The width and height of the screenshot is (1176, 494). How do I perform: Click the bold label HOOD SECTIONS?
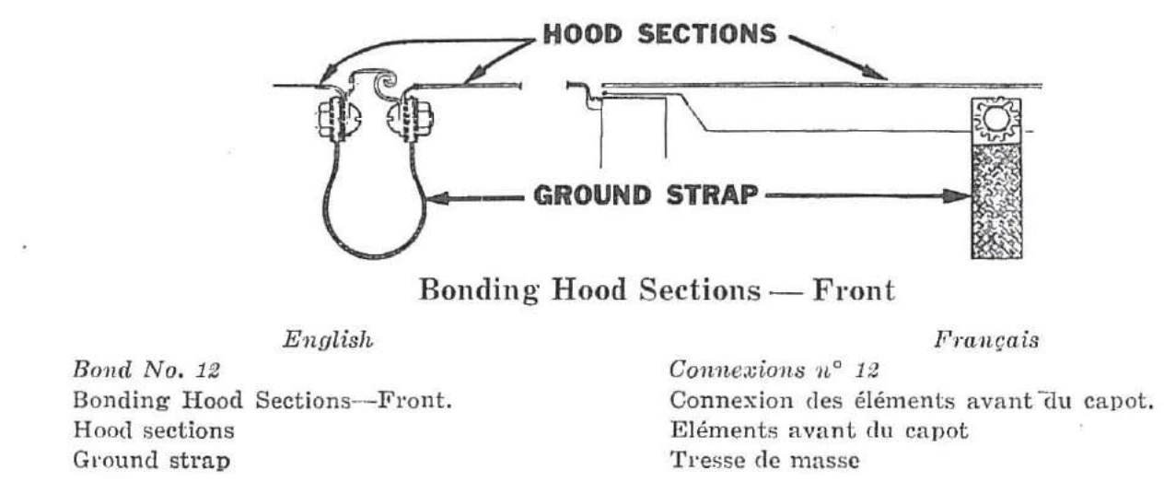point(659,35)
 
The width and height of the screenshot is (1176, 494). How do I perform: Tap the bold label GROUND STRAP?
point(646,195)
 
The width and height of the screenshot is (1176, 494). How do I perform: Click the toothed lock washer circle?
point(996,119)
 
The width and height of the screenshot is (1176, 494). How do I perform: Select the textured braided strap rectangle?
point(996,201)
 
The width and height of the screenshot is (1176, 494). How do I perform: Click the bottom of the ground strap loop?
point(374,256)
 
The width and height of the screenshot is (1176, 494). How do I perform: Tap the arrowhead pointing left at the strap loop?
point(439,199)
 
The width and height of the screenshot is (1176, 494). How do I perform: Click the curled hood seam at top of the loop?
point(388,81)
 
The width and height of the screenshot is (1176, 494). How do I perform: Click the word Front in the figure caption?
point(854,290)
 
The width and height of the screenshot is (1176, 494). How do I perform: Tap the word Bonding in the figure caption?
point(479,291)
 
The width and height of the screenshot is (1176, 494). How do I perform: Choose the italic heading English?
point(328,340)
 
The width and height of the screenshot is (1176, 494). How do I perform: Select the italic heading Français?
point(986,340)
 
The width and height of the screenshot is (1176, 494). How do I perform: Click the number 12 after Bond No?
point(208,370)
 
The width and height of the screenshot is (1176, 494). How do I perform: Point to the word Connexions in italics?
point(736,370)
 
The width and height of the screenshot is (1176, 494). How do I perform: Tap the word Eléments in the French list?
point(724,429)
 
